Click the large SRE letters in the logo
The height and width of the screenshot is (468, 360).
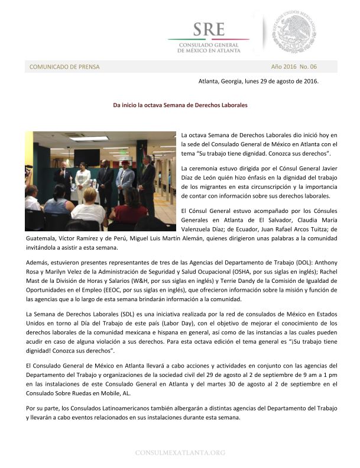click(x=208, y=28)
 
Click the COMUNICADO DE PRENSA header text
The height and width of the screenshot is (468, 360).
click(x=64, y=67)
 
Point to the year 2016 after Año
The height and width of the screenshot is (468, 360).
click(x=290, y=66)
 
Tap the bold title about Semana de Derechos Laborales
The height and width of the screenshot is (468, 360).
click(x=180, y=105)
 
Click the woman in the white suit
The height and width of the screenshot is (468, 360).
click(x=83, y=180)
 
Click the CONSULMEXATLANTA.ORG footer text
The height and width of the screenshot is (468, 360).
click(x=180, y=453)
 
